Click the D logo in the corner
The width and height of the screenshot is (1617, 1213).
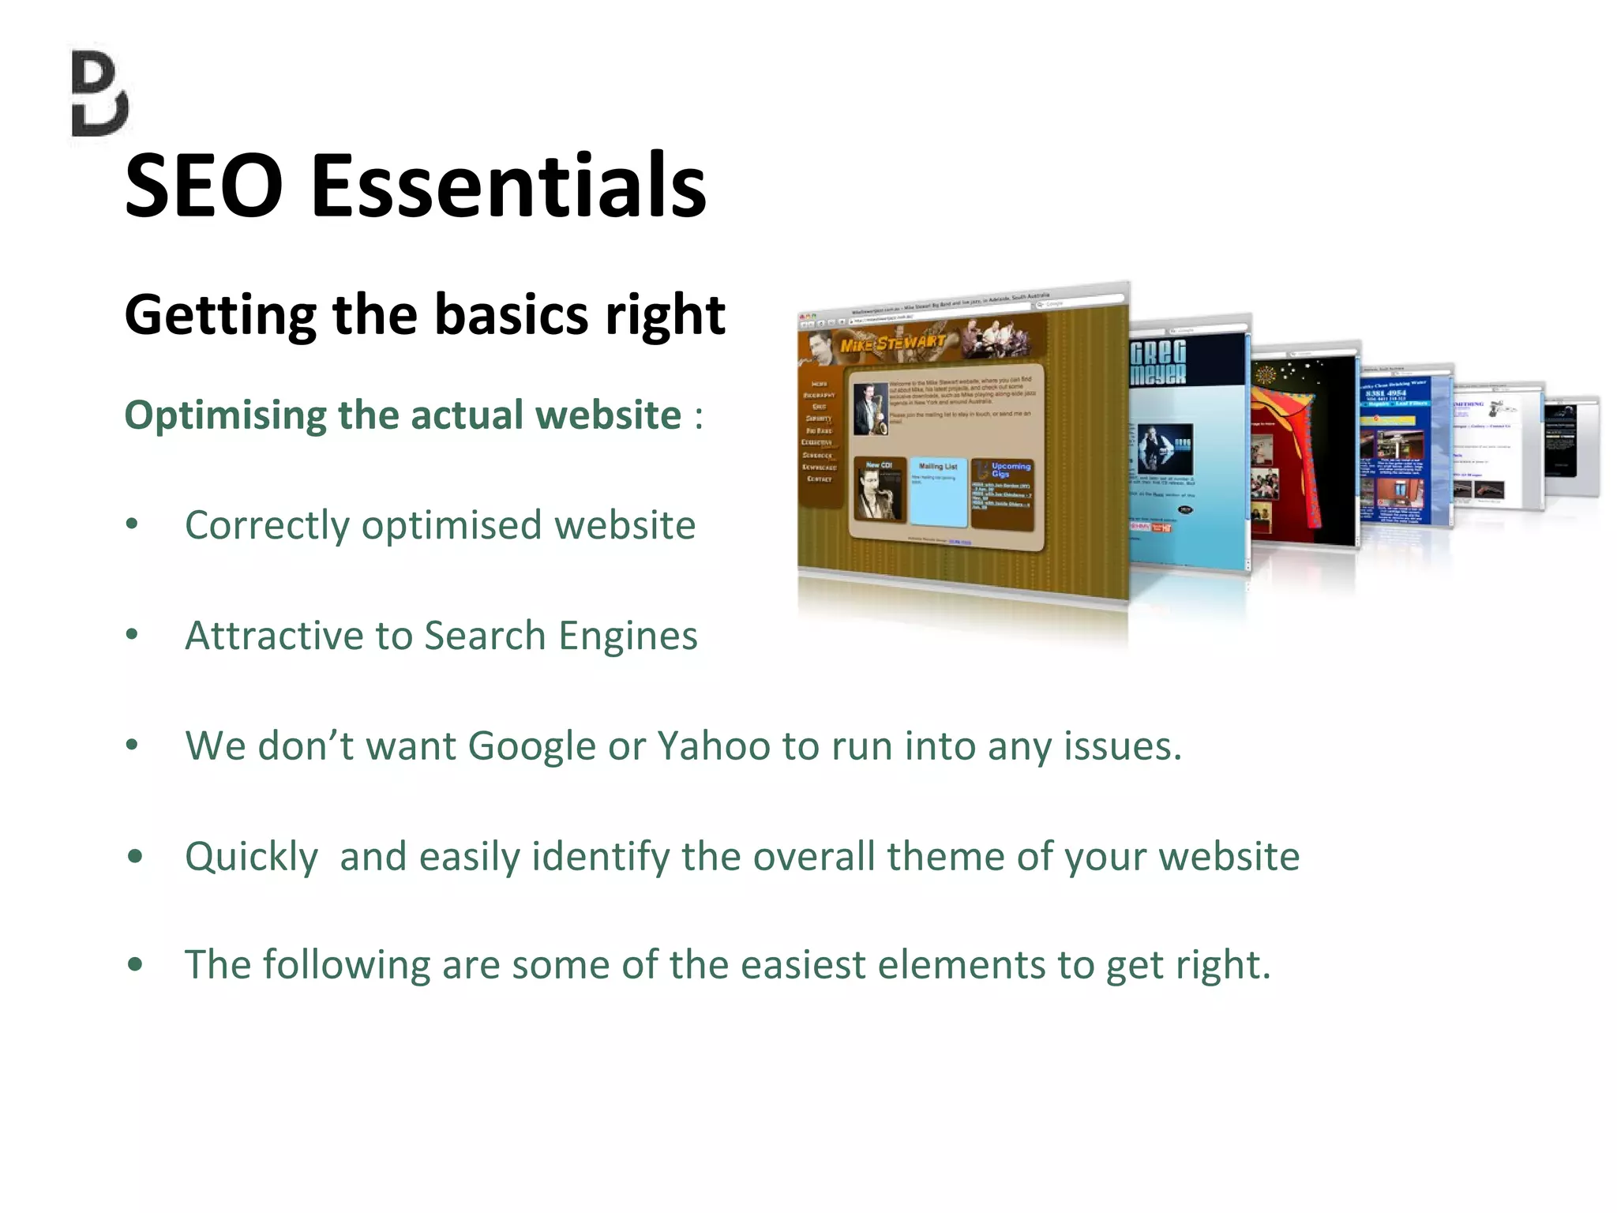pyautogui.click(x=100, y=94)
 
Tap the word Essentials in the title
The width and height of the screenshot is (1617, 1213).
pyautogui.click(x=508, y=186)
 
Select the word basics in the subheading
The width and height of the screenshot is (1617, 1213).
pyautogui.click(x=511, y=314)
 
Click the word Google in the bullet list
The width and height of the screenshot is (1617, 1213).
pyautogui.click(x=531, y=746)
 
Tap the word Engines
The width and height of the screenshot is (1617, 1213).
pyautogui.click(x=628, y=637)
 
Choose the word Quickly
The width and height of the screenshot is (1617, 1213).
pyautogui.click(x=251, y=858)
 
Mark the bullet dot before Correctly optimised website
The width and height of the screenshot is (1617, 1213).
pyautogui.click(x=133, y=524)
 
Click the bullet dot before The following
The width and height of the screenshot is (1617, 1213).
pyautogui.click(x=135, y=965)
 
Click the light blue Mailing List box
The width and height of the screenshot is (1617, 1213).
pyautogui.click(x=938, y=491)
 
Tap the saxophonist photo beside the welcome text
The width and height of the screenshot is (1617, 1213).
pyautogui.click(x=871, y=409)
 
